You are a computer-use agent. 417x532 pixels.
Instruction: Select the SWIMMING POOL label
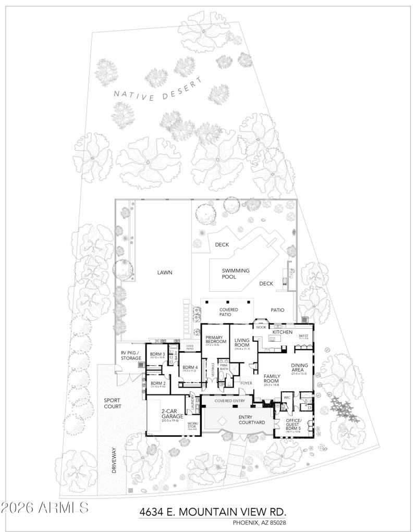point(236,274)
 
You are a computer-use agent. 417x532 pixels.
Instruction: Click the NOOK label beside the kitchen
point(261,327)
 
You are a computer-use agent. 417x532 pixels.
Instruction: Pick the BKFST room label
point(304,336)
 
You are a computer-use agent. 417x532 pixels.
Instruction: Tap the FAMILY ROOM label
point(272,378)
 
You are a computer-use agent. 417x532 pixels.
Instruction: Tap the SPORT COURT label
point(113,403)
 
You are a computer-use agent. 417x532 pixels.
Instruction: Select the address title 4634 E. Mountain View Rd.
point(213,512)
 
